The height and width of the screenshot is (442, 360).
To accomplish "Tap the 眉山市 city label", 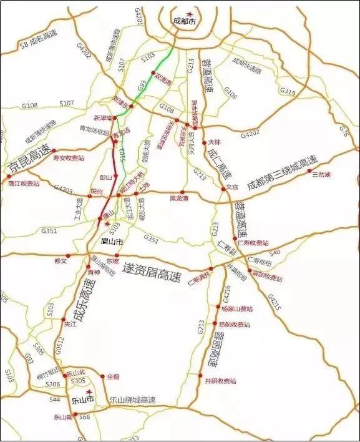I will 113,240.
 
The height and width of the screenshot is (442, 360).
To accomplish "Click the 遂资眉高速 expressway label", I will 152,269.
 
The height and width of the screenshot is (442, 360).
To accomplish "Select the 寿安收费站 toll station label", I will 71,159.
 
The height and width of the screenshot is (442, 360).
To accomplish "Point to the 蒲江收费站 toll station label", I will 24,184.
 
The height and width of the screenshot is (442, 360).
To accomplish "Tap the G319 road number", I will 288,91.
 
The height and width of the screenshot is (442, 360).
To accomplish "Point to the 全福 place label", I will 112,376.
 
